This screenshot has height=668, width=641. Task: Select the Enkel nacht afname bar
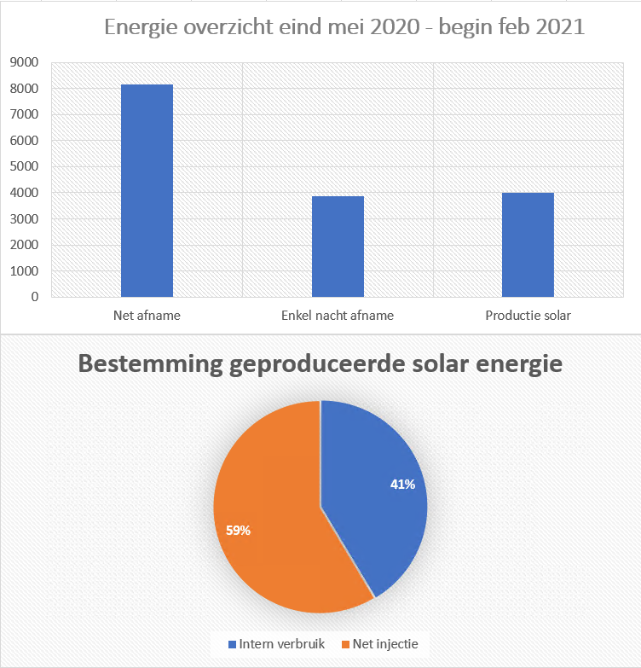point(338,247)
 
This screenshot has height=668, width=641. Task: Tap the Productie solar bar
point(528,245)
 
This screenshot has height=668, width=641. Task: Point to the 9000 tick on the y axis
point(23,62)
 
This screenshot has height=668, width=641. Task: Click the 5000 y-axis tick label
point(23,166)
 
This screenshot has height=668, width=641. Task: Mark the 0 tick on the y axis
point(34,297)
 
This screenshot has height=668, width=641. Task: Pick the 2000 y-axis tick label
point(23,245)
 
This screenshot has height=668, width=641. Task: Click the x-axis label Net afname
point(147,316)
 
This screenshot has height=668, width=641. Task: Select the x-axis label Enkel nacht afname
point(338,316)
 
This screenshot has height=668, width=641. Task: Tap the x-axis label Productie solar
point(528,316)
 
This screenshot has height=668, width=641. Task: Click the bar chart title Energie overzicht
point(344,26)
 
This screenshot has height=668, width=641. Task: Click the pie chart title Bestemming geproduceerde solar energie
point(320,364)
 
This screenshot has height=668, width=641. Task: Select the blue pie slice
point(375,495)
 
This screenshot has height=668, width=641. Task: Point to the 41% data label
point(402,485)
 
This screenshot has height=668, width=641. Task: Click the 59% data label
point(238,531)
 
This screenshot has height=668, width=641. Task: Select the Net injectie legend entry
point(380,643)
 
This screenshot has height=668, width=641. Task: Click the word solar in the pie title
point(444,364)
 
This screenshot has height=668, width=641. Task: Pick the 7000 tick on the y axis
point(23,114)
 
